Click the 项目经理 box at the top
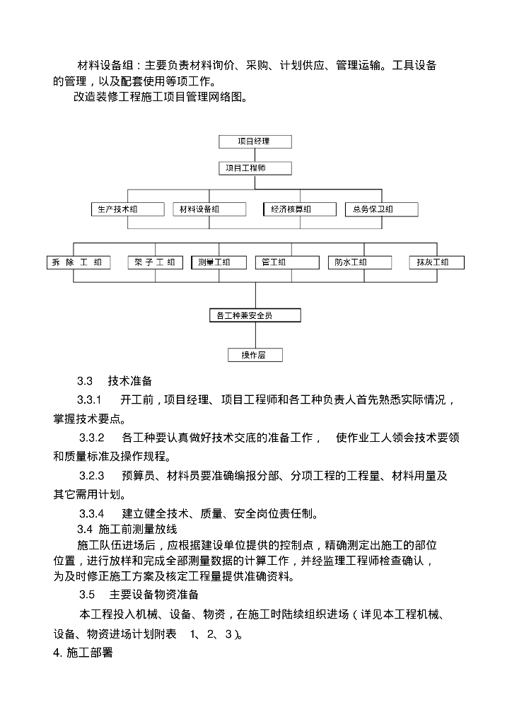point(254,141)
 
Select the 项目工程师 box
point(254,168)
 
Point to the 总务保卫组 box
point(381,209)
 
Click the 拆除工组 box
point(78,262)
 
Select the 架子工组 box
point(155,262)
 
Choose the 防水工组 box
point(359,262)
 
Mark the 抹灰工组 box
point(437,262)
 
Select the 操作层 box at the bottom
point(254,355)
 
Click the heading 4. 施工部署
point(83,653)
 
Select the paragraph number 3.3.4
point(91,513)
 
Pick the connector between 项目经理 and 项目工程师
point(254,155)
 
